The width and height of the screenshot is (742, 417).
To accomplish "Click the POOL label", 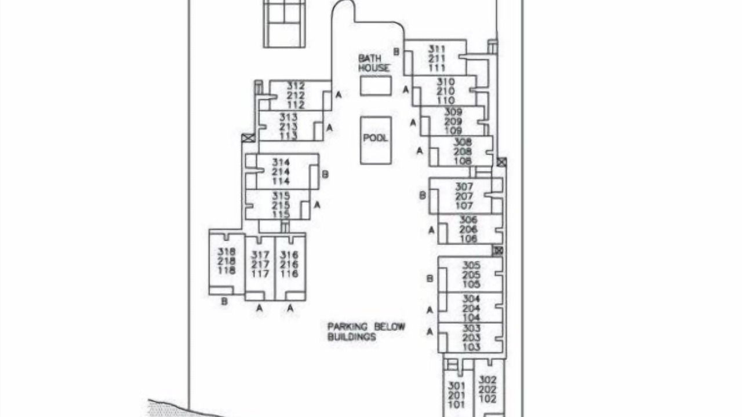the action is pyautogui.click(x=375, y=138).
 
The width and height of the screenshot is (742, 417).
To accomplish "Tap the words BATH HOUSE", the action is pyautogui.click(x=374, y=63).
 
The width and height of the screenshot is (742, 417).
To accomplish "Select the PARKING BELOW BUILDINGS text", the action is pyautogui.click(x=366, y=332).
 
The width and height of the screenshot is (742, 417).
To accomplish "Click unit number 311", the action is pyautogui.click(x=437, y=49).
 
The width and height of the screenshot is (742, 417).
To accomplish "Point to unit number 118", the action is pyautogui.click(x=227, y=270).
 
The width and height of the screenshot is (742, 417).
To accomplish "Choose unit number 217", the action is pyautogui.click(x=260, y=265).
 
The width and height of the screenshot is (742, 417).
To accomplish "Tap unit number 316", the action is pyautogui.click(x=289, y=255).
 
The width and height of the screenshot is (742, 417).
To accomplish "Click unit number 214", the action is pyautogui.click(x=281, y=172).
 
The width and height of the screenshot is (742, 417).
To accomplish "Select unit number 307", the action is pyautogui.click(x=464, y=186).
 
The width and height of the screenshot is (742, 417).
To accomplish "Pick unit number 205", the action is pyautogui.click(x=471, y=275).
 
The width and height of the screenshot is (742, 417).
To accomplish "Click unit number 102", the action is pyautogui.click(x=488, y=399).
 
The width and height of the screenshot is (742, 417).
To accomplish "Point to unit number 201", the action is pyautogui.click(x=456, y=395).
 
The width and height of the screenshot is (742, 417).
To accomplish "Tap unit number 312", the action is pyautogui.click(x=296, y=86).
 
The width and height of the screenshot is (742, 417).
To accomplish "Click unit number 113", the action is pyautogui.click(x=289, y=136).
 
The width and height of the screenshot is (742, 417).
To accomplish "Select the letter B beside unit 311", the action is pyautogui.click(x=397, y=52).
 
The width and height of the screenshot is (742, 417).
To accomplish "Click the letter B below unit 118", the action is pyautogui.click(x=224, y=302).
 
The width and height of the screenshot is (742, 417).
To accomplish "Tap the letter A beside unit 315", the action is pyautogui.click(x=317, y=205).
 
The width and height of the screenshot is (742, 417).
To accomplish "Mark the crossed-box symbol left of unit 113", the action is pyautogui.click(x=249, y=138).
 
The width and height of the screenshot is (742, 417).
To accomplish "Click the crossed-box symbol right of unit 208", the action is pyautogui.click(x=501, y=162).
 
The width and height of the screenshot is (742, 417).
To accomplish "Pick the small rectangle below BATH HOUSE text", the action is pyautogui.click(x=376, y=86).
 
